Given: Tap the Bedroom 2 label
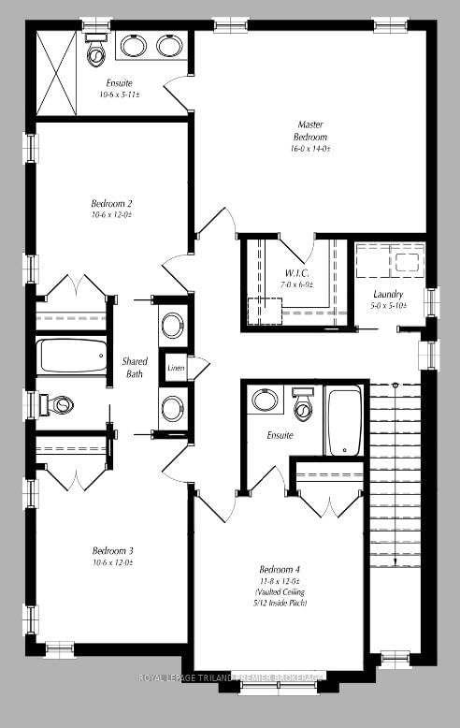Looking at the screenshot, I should click(x=111, y=204).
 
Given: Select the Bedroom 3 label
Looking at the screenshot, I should click(x=112, y=550).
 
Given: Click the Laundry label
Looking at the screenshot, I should click(x=388, y=295).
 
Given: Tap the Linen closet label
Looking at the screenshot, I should click(x=175, y=369).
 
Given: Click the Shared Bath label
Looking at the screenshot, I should click(x=136, y=367).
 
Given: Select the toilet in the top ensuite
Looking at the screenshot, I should click(x=95, y=52).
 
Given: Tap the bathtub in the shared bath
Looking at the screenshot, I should click(x=72, y=357).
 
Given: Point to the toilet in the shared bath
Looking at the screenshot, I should click(x=58, y=405).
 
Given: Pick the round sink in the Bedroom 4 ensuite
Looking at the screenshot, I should click(x=265, y=400).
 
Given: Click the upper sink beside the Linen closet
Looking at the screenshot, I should click(x=173, y=326).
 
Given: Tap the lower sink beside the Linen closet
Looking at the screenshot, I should click(x=173, y=408).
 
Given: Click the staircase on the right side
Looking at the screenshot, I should click(x=395, y=477).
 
